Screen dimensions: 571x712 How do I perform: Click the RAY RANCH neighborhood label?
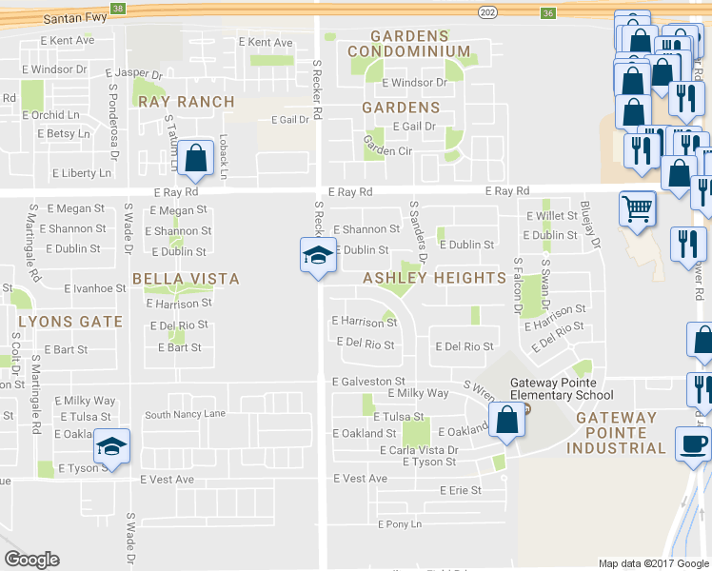pos(185,102)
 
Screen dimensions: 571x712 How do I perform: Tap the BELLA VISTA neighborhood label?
pos(186,279)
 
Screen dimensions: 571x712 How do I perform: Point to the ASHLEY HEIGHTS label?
pos(433,278)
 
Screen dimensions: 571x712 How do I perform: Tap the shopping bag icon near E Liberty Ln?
pos(196,160)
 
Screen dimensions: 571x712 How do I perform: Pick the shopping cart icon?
pos(637,207)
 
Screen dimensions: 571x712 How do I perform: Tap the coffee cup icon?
pos(692,443)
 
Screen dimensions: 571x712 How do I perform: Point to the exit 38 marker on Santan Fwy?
pos(117,9)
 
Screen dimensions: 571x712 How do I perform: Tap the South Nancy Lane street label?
pos(185,415)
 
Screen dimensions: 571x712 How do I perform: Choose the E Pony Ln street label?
pos(399,524)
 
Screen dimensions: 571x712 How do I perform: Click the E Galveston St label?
pos(368,382)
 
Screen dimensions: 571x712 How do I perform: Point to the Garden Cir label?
pos(387,150)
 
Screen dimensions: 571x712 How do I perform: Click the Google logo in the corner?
pos(31,560)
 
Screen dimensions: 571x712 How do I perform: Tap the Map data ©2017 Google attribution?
pos(653,563)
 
